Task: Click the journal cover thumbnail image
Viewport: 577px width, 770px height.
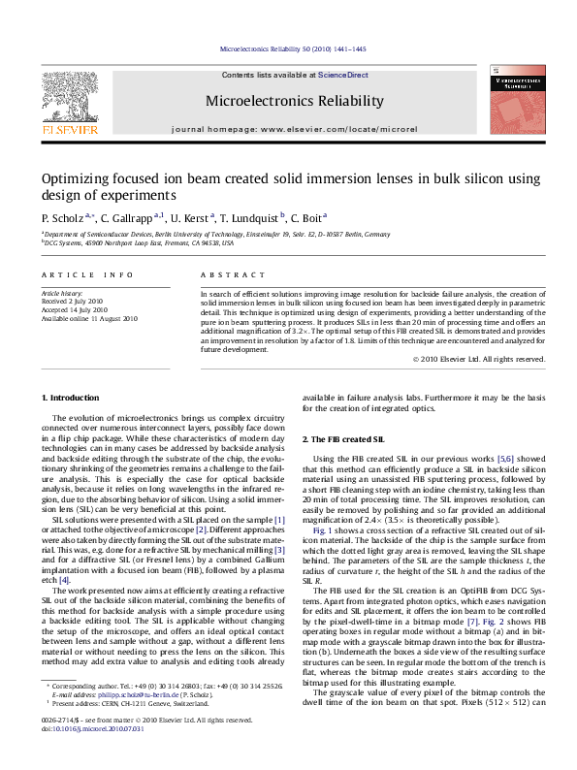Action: pos(515,99)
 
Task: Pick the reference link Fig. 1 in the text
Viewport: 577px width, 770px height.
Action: pos(322,531)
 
